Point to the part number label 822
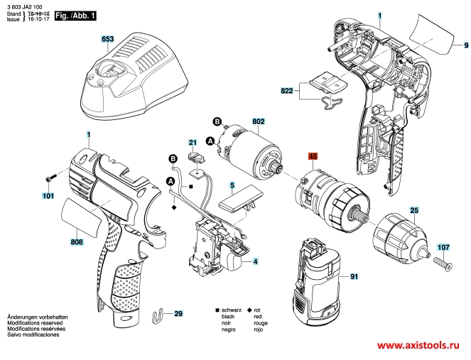[287, 90]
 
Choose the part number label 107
[443, 248]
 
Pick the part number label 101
[48, 195]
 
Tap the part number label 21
[192, 142]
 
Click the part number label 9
[466, 45]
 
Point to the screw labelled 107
[443, 266]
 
